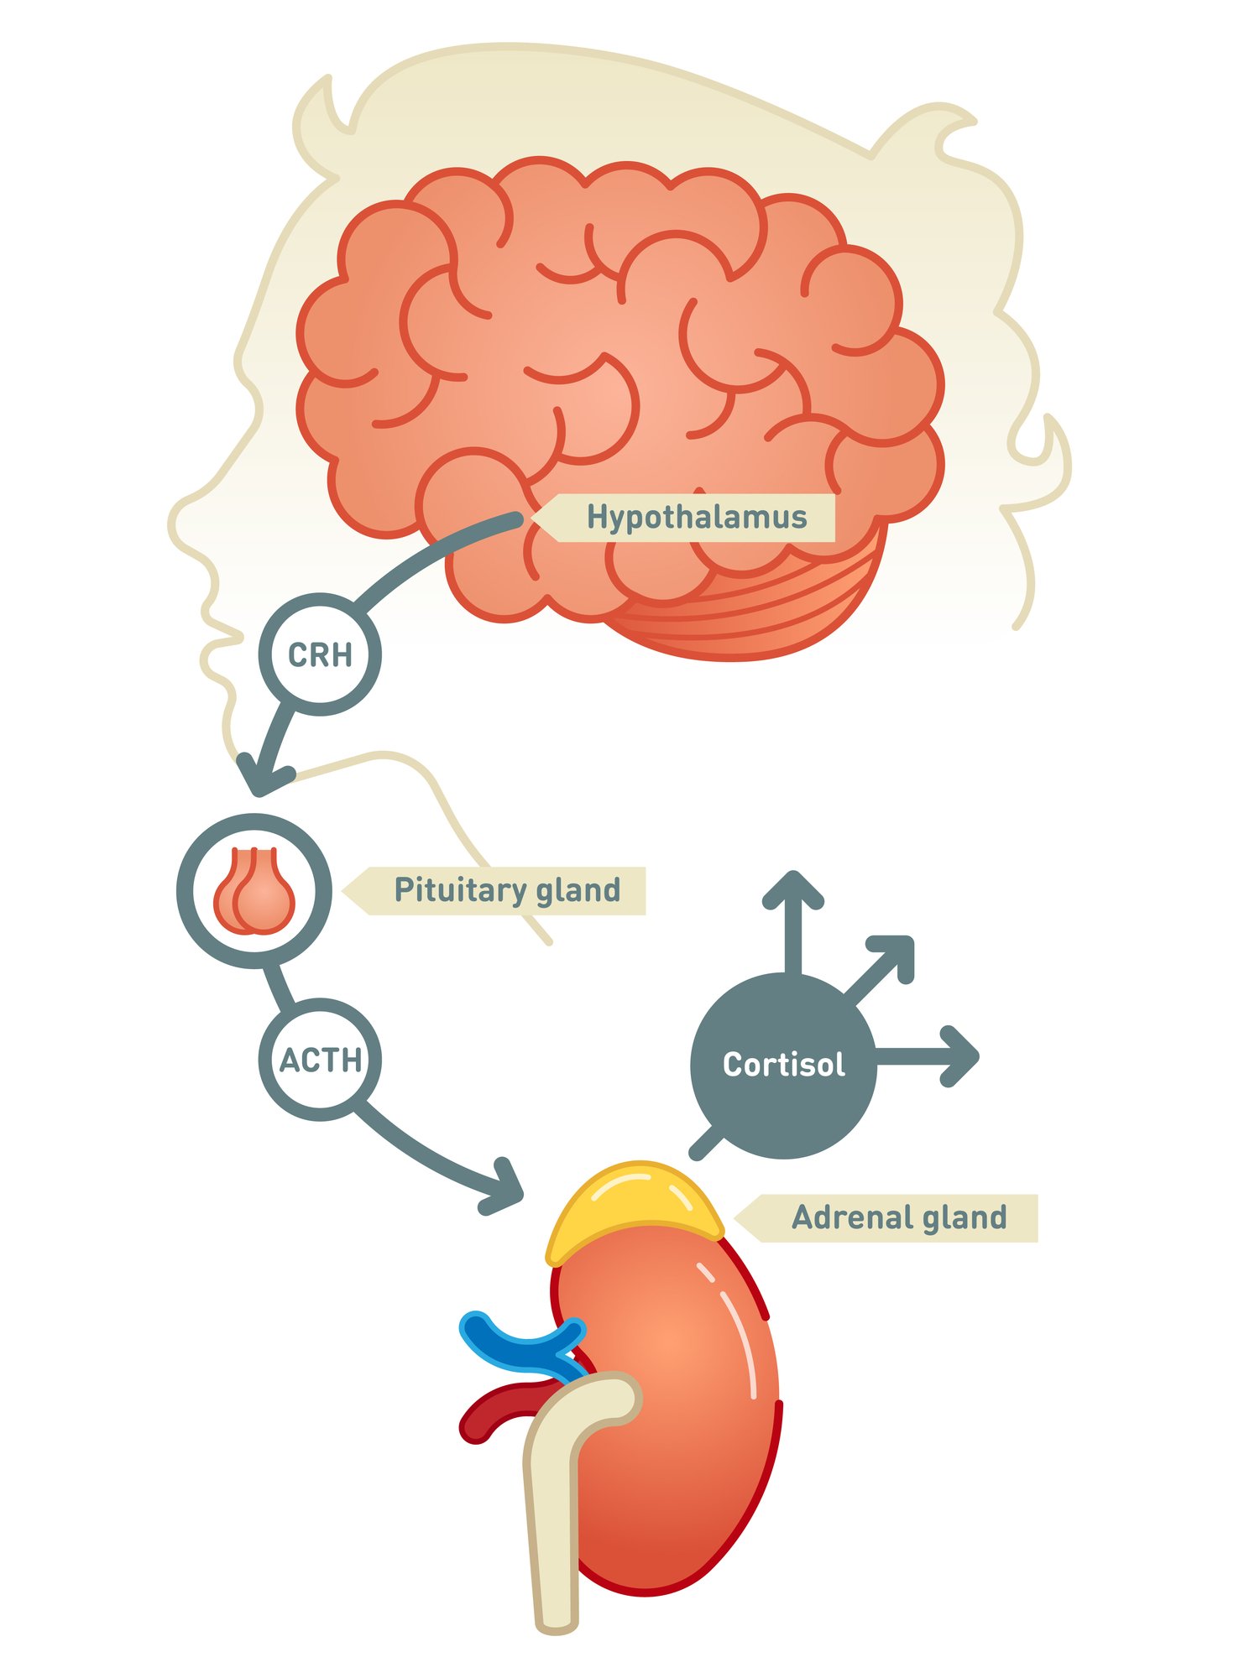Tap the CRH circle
coord(320,654)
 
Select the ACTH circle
coord(320,1060)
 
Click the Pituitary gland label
coord(506,890)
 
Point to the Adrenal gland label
coord(898,1217)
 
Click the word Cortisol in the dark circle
coord(783,1065)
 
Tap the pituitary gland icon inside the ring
coord(254,892)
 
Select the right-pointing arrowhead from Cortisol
coord(960,1056)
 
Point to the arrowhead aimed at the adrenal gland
coord(504,1187)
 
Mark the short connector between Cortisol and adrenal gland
coord(705,1144)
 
